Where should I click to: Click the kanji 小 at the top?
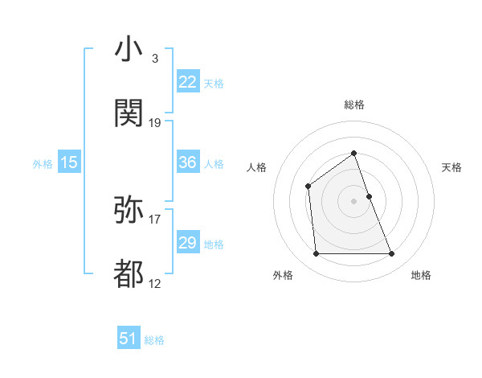pyautogui.click(x=129, y=50)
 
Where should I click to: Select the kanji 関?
pyautogui.click(x=129, y=113)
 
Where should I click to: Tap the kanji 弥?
pyautogui.click(x=129, y=211)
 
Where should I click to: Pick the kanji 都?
pyautogui.click(x=129, y=274)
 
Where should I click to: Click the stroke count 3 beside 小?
pyautogui.click(x=154, y=59)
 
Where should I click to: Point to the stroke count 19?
pyautogui.click(x=155, y=122)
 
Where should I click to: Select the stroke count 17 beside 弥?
pyautogui.click(x=155, y=219)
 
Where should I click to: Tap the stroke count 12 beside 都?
pyautogui.click(x=155, y=283)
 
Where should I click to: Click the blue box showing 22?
pyautogui.click(x=188, y=82)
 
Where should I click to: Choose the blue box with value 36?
pyautogui.click(x=188, y=162)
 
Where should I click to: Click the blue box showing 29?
pyautogui.click(x=188, y=243)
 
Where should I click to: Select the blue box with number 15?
pyautogui.click(x=69, y=162)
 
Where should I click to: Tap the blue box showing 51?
pyautogui.click(x=129, y=339)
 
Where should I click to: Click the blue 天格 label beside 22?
pyautogui.click(x=214, y=83)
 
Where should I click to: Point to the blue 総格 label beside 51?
pyautogui.click(x=154, y=340)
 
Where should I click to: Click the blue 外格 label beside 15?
pyautogui.click(x=43, y=163)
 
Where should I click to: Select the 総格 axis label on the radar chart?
pyautogui.click(x=353, y=105)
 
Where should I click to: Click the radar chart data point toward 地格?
pyautogui.click(x=392, y=254)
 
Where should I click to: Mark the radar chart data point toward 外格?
pyautogui.click(x=316, y=254)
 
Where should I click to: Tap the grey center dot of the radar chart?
pyautogui.click(x=353, y=201)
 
